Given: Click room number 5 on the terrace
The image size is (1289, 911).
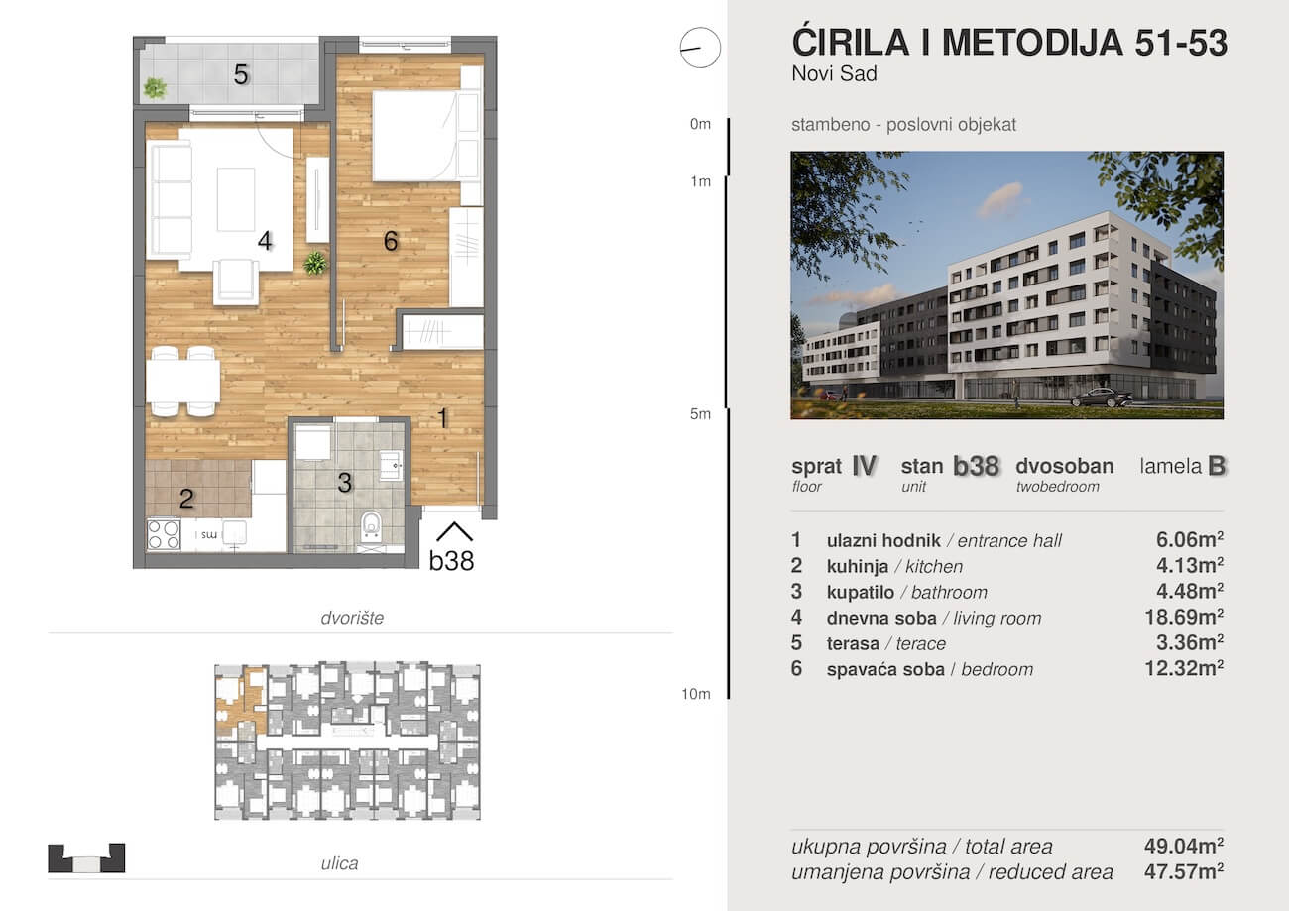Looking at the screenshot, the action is point(241,74).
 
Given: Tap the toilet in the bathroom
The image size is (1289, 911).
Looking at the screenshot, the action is point(371,526).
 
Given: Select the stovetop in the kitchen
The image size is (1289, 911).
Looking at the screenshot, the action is point(164,534).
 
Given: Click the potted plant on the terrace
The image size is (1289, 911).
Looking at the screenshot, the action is point(155,88).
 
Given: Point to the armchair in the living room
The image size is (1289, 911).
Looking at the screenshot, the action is point(235,282).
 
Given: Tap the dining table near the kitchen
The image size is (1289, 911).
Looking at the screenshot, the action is point(183,381).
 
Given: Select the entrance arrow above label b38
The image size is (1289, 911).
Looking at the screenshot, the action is point(454,532).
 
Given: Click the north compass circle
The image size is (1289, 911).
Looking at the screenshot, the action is point(700,48).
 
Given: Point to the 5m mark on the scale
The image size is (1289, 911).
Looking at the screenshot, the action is point(700,414).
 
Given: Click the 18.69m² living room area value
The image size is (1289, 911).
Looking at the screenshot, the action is point(1184,618).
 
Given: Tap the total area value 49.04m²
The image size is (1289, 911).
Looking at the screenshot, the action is point(1184,846).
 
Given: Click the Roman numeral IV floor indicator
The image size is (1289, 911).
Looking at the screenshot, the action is point(865,466).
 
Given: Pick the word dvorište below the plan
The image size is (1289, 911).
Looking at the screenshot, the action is point(352,618).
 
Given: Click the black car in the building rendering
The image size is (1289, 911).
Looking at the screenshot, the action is point(1102,398).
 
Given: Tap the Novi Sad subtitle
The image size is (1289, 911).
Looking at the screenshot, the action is point(835,74).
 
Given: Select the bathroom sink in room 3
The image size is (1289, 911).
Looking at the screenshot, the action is point(391,466).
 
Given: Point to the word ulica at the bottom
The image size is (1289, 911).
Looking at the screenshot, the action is point(339,863).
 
